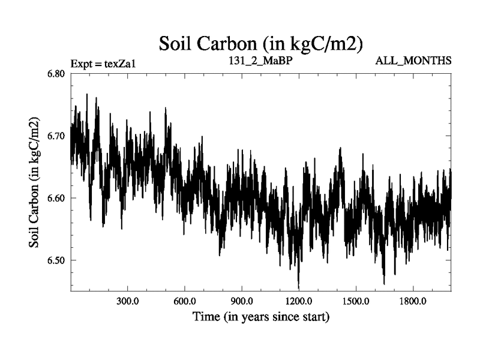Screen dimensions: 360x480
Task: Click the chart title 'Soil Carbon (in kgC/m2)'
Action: pos(260,43)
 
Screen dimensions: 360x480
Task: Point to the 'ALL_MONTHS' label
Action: pos(413,61)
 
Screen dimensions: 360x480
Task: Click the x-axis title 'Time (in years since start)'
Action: pos(260,316)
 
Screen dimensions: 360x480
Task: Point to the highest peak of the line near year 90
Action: pos(87,95)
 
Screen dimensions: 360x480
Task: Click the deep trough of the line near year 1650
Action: pos(384,283)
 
